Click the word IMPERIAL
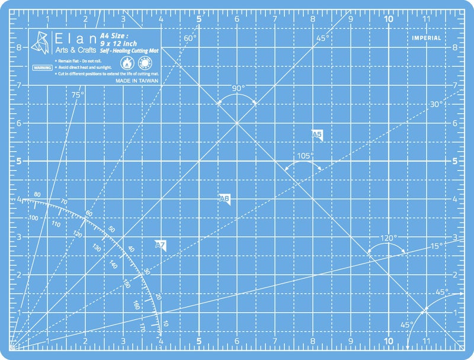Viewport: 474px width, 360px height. [427, 38]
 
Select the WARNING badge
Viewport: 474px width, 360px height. [41, 68]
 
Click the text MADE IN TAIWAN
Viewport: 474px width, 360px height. [137, 81]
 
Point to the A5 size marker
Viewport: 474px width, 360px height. [316, 135]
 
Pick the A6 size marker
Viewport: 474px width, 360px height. [225, 199]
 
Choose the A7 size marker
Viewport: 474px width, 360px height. [160, 245]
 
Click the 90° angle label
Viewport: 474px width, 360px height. [238, 88]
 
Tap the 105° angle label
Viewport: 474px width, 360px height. [305, 156]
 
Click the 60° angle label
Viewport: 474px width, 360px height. [190, 38]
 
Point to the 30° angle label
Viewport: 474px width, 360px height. [436, 104]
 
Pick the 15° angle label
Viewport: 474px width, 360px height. [436, 246]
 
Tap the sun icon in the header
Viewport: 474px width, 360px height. [143, 62]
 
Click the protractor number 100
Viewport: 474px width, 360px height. [33, 218]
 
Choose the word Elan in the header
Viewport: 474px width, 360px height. [71, 37]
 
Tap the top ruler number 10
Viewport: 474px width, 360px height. [389, 18]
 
